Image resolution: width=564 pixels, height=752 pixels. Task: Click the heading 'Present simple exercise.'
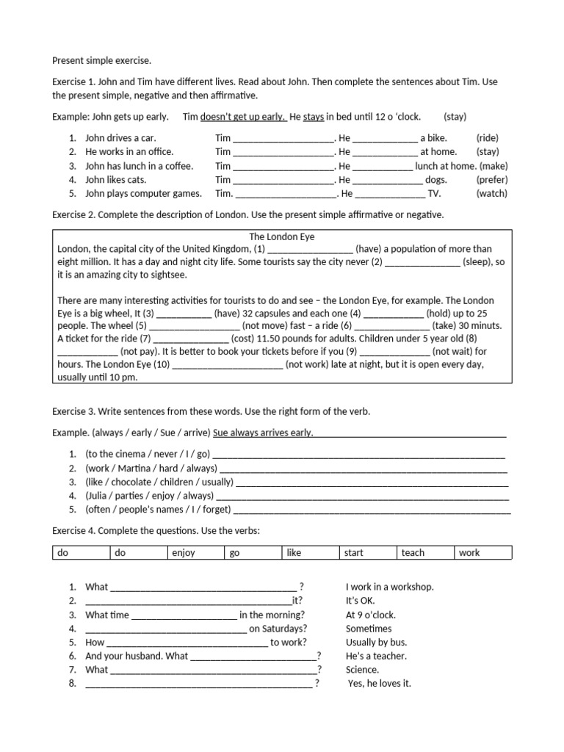pyautogui.click(x=101, y=60)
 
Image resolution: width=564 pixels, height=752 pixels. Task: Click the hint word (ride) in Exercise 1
pyautogui.click(x=487, y=137)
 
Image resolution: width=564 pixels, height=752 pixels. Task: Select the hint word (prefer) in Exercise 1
pyautogui.click(x=491, y=179)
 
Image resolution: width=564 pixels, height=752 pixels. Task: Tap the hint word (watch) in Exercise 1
pyautogui.click(x=491, y=193)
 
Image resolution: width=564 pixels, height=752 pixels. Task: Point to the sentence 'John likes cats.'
pyautogui.click(x=116, y=179)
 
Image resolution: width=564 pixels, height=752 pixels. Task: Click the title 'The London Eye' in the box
pyautogui.click(x=282, y=236)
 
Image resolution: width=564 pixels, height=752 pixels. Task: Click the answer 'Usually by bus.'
pyautogui.click(x=376, y=642)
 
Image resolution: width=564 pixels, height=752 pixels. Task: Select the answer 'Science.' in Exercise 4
pyautogui.click(x=362, y=670)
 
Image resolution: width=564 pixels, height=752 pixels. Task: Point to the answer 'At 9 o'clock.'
pyautogui.click(x=372, y=615)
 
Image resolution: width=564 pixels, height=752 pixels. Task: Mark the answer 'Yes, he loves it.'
pyautogui.click(x=379, y=684)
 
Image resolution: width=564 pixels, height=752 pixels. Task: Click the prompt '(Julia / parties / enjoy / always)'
pyautogui.click(x=149, y=496)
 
